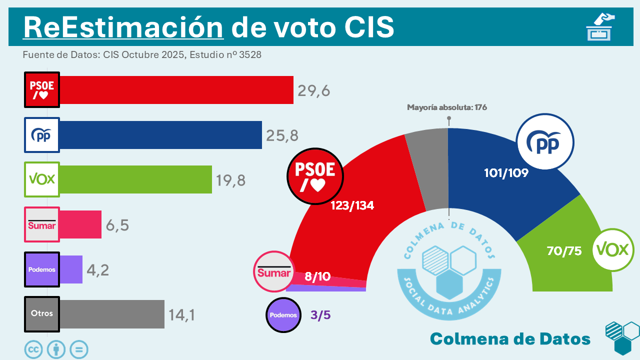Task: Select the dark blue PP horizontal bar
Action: coord(160,135)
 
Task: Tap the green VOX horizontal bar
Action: coord(135,179)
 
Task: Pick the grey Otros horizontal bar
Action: coord(112,314)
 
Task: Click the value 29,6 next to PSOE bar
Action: coord(314,90)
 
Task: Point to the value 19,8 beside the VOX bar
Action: coord(230,180)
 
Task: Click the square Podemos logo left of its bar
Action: coord(42,269)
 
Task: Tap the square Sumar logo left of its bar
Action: coord(42,224)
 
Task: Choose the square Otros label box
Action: coord(42,314)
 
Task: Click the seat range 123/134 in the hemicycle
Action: coord(352,205)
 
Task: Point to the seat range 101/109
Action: coord(506,173)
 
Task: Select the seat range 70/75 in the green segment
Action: coord(564,251)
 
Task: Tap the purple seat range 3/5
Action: coord(320,315)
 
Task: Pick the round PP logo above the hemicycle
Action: coord(545,142)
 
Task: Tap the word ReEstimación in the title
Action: coord(123,27)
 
